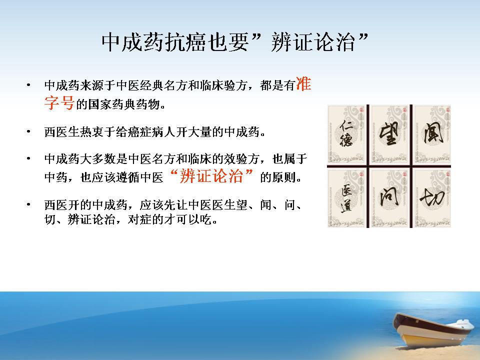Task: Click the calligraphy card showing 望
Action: tap(389, 135)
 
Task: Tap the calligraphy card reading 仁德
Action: tap(347, 135)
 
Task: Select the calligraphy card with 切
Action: tap(432, 198)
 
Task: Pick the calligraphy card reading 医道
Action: tap(347, 198)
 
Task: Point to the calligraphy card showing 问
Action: tap(389, 198)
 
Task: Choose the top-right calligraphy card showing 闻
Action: tap(432, 135)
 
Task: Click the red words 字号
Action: tap(59, 102)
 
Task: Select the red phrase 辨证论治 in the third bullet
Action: tap(211, 176)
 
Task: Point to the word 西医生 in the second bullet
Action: tap(62, 132)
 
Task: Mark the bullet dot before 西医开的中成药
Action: tap(28, 204)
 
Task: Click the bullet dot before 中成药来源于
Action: tap(28, 85)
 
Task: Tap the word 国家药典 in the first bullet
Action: tap(112, 104)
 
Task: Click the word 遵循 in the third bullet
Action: tap(127, 177)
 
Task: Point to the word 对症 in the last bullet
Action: tap(139, 219)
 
